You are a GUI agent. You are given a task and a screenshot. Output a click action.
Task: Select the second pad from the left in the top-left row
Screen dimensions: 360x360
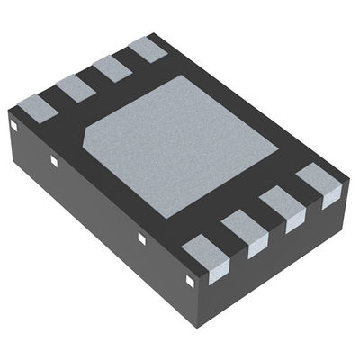74,87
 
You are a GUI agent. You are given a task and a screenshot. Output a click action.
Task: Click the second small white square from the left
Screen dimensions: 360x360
54,162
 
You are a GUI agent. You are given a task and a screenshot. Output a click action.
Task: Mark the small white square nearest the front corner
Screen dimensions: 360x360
190,280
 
